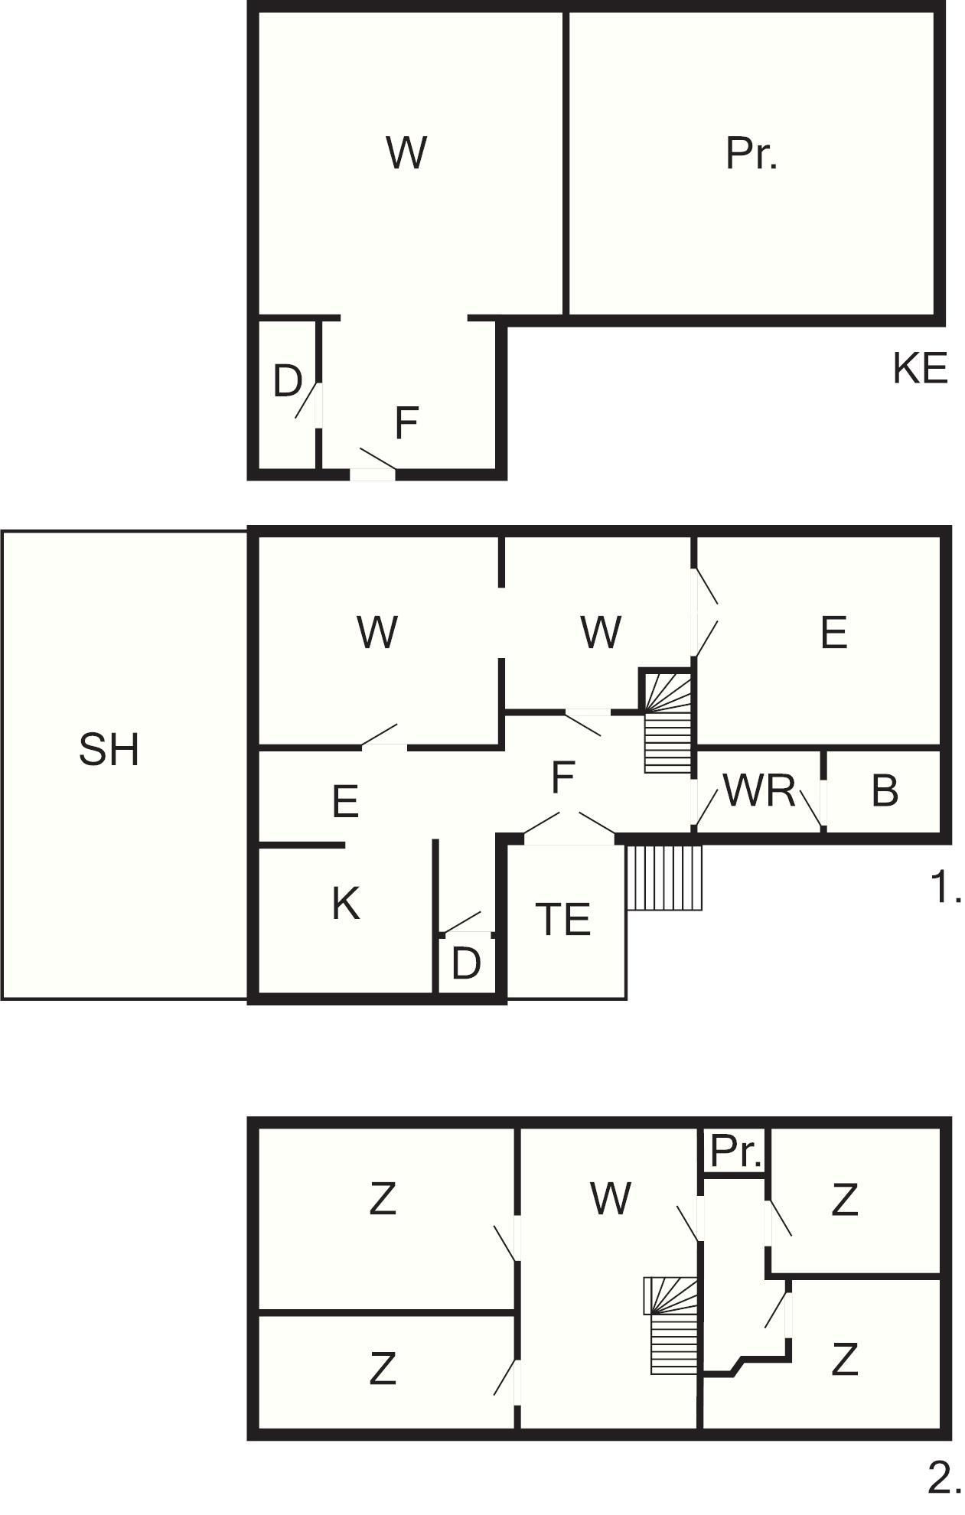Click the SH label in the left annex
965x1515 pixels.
tap(109, 749)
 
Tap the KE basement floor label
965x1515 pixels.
tap(920, 368)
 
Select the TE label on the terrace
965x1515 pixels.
tap(564, 919)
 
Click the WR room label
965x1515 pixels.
tap(759, 790)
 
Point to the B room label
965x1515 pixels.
tap(885, 791)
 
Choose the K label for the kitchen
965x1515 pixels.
tap(346, 903)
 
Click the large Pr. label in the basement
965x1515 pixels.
tap(751, 154)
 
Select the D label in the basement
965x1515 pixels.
tap(288, 381)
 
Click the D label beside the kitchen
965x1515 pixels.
tap(466, 963)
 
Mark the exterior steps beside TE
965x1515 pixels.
tap(664, 877)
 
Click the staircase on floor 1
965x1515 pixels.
tap(668, 722)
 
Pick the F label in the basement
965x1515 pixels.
tap(406, 423)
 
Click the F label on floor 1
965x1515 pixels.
tap(562, 778)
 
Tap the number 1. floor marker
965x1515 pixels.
tap(946, 888)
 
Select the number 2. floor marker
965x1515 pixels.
tap(944, 1478)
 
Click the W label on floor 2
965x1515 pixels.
tap(611, 1198)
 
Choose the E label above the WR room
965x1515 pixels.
tap(833, 633)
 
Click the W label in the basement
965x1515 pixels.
tap(406, 152)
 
